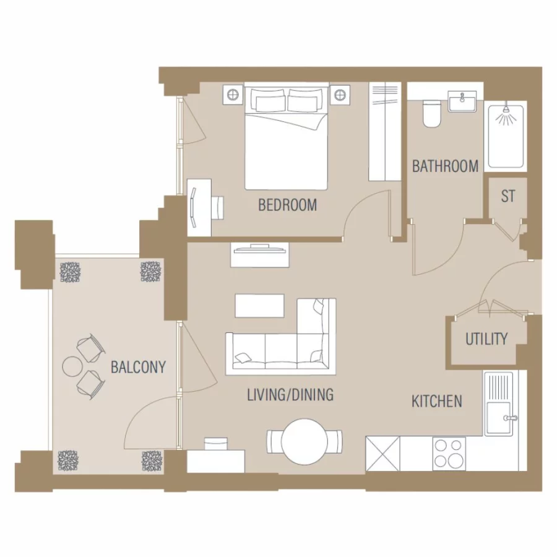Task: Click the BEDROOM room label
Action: (287, 205)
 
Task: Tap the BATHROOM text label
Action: (445, 166)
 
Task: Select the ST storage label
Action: (507, 197)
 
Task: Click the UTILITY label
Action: (486, 339)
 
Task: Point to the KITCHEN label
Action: (437, 402)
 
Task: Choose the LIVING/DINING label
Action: (290, 394)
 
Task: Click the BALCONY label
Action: (138, 367)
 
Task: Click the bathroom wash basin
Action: (463, 100)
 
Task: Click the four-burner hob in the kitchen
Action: (449, 454)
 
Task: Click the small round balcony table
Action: (72, 366)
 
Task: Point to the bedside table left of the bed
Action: (232, 95)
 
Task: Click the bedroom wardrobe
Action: (386, 131)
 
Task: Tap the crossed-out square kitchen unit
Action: (382, 454)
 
